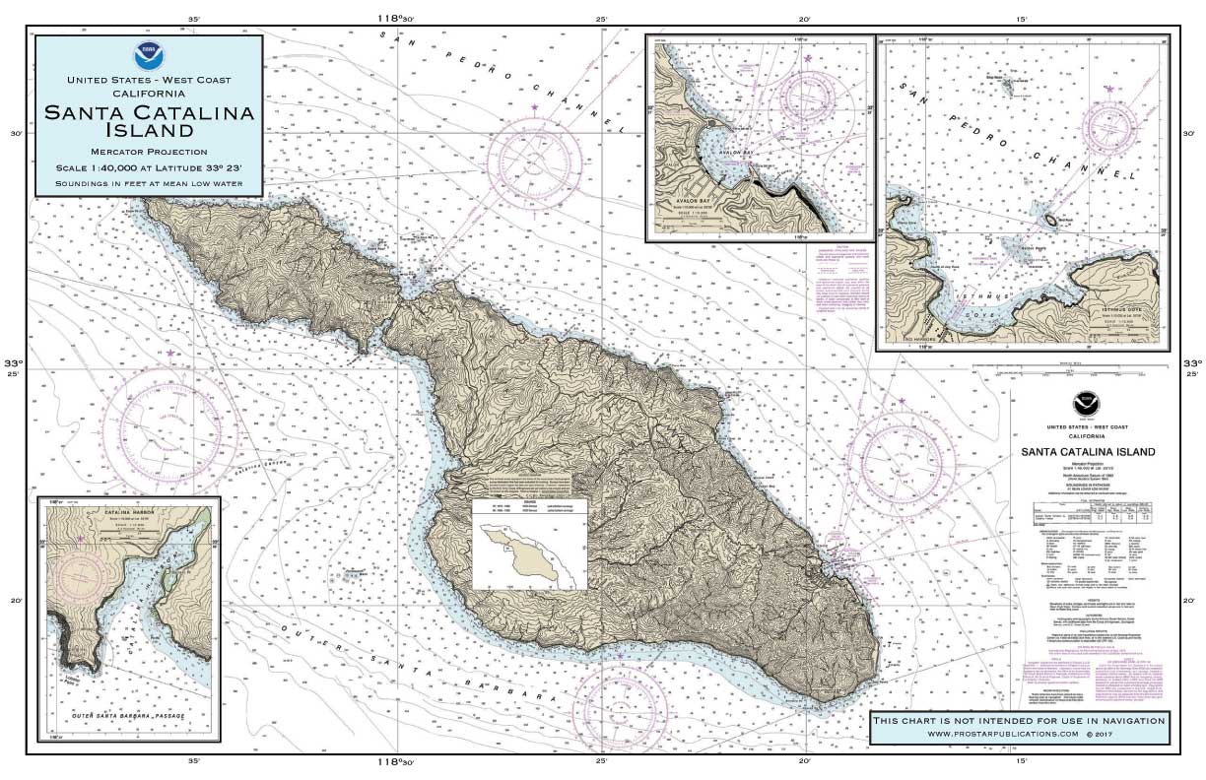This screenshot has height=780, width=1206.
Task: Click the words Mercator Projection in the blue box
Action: point(148,152)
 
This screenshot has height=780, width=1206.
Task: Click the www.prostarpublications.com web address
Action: point(1019,734)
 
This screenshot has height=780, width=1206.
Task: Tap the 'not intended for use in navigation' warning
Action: point(1019,720)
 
